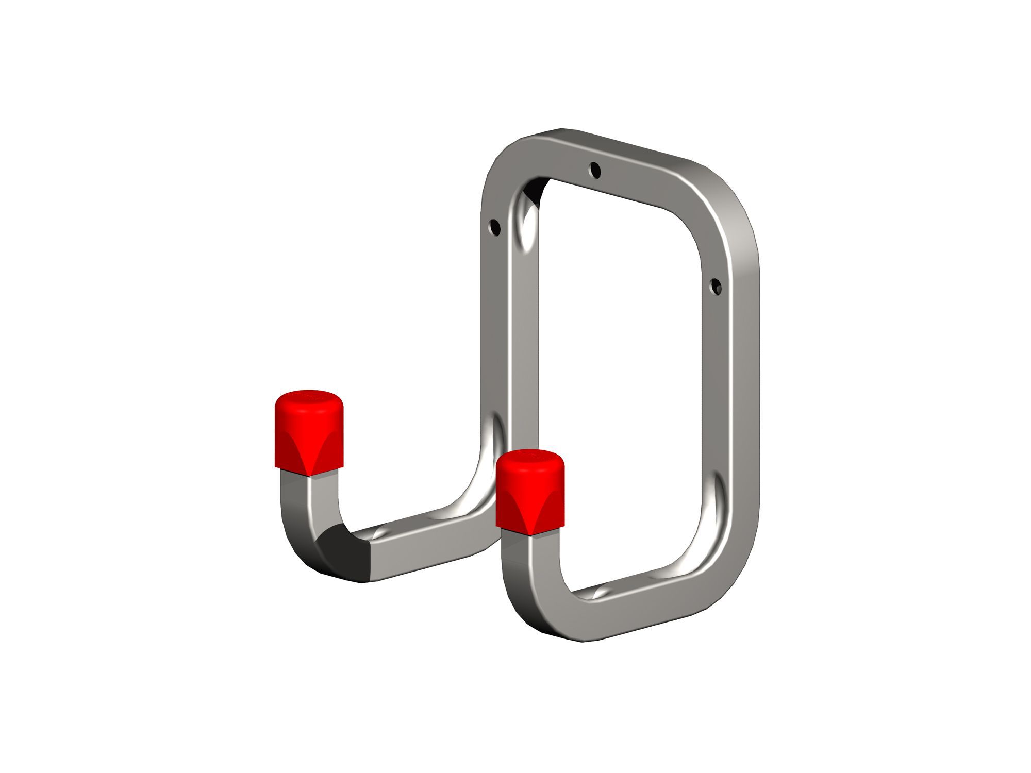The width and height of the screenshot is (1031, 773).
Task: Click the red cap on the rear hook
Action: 310,433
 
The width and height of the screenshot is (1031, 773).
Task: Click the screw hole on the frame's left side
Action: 494,226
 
